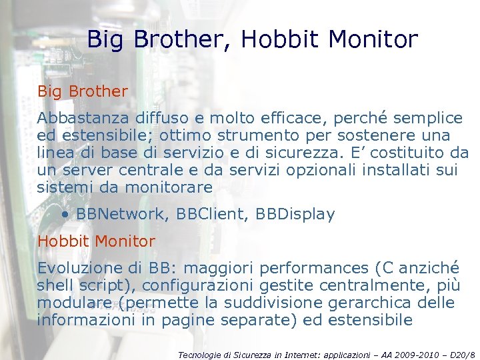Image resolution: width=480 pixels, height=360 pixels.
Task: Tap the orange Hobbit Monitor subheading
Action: click(96, 241)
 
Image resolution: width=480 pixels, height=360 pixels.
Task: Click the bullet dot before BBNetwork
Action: click(65, 215)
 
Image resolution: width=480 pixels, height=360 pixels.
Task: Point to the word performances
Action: click(315, 268)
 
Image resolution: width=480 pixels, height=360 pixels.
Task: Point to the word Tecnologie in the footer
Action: click(201, 355)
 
